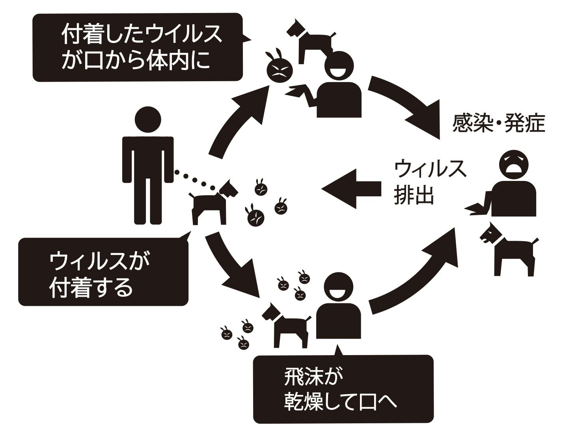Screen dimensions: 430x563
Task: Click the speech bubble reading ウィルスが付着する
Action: [x=103, y=272]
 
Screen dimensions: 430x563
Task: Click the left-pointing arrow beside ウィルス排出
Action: [x=351, y=188]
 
